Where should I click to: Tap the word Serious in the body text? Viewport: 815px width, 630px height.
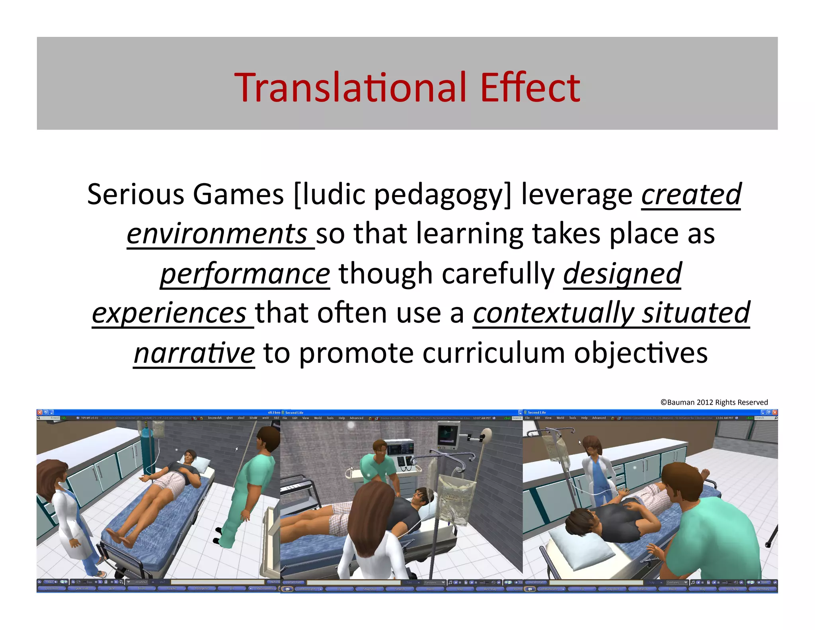pos(136,194)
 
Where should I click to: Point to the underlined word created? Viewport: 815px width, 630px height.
pos(691,194)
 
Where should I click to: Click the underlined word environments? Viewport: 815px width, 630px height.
pos(217,234)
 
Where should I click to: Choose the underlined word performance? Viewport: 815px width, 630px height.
pos(245,274)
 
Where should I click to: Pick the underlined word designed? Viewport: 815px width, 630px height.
pos(622,274)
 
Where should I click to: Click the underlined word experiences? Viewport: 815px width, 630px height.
pos(170,313)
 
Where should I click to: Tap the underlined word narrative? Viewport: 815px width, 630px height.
pos(194,353)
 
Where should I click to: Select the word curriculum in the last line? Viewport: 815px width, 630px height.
pos(493,353)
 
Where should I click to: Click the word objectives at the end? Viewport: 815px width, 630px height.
pos(640,353)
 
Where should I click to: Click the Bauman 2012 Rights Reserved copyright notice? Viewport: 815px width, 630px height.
pos(714,402)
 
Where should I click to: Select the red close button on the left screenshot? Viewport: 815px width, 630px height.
pos(40,412)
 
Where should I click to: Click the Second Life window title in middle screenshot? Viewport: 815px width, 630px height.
pos(294,413)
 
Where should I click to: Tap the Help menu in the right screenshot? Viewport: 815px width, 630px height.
pos(584,418)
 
